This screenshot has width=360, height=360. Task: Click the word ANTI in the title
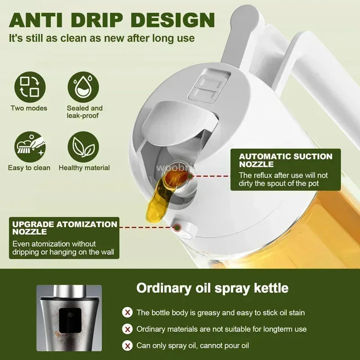coord(43,20)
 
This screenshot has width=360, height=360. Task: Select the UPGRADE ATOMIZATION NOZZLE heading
coord(65,228)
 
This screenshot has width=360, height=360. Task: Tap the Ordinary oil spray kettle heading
coord(212,288)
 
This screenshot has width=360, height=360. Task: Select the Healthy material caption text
coord(84,168)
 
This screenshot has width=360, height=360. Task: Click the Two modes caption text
coord(29,108)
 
